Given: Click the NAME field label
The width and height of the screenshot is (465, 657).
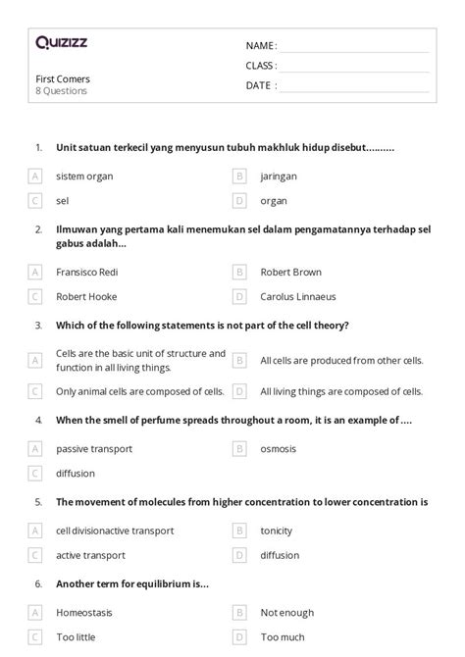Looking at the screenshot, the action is point(261,46).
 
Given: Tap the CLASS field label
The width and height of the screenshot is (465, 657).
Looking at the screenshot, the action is point(261,66).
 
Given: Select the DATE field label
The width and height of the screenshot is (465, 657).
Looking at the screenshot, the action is point(260,85).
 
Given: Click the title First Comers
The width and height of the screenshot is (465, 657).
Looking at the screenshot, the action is point(63,78).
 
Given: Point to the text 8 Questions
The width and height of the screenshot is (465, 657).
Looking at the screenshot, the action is point(61,91).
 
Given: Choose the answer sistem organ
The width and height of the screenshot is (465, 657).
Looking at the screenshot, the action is point(84,177).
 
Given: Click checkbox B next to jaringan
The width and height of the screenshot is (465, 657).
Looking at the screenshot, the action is point(238,177).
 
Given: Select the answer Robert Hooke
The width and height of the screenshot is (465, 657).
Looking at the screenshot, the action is point(86,296).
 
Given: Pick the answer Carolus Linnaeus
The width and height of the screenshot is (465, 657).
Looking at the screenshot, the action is point(299,296).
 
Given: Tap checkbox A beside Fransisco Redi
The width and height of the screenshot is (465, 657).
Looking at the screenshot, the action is point(35,272).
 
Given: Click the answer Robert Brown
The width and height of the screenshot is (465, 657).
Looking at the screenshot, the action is point(290,272).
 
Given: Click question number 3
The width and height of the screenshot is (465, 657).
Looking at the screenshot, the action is point(38,325).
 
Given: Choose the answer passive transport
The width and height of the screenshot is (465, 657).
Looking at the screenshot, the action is point(94,448).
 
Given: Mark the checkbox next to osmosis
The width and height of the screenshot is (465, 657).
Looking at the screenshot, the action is point(238,448).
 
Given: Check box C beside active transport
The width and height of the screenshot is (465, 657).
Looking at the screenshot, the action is point(35,555).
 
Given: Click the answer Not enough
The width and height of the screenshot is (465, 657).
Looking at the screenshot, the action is point(286,613).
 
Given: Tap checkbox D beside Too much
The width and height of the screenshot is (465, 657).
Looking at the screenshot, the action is point(238,637).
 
